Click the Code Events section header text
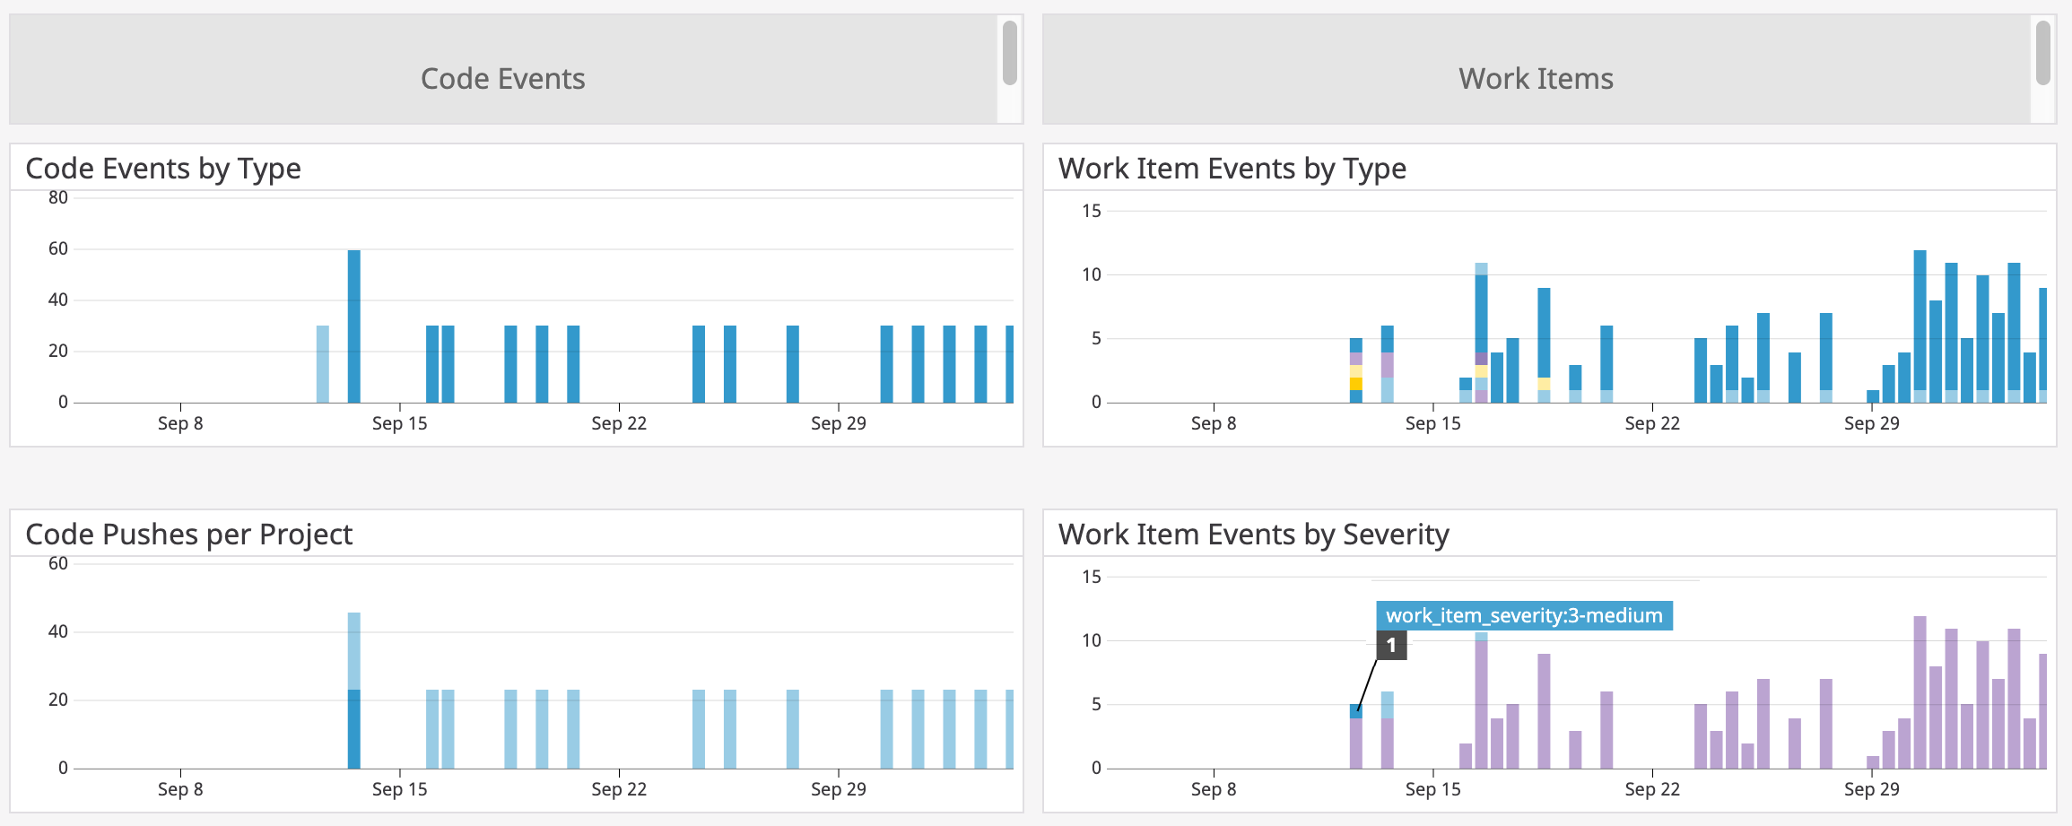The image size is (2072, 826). (502, 79)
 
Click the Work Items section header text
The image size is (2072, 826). (1536, 79)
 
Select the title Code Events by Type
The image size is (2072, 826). (163, 169)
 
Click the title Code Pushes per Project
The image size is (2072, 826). (188, 535)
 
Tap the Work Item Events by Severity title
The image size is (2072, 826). (1253, 535)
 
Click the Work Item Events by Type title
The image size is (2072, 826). (1232, 169)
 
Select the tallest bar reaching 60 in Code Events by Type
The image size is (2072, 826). (354, 327)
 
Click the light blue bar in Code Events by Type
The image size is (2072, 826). (323, 364)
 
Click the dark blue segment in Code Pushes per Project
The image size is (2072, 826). (354, 729)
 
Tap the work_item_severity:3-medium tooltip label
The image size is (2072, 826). (1524, 616)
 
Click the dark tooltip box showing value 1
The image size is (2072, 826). (1391, 645)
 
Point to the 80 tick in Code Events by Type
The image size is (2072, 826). (58, 197)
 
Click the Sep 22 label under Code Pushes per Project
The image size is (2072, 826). (619, 789)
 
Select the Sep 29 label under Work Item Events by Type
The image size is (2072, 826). (1871, 423)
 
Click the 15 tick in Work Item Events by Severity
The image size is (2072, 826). (1091, 577)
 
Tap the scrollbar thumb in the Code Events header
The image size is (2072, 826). (1010, 53)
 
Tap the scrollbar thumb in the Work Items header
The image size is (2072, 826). (2043, 53)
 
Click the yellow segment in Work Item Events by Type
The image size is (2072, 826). (1356, 384)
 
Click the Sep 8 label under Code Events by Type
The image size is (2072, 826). (180, 423)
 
